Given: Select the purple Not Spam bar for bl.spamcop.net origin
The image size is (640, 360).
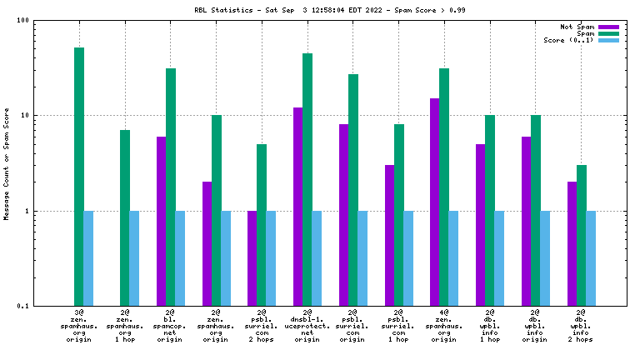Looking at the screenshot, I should (x=161, y=221).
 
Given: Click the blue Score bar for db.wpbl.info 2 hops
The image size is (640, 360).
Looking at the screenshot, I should (x=592, y=258).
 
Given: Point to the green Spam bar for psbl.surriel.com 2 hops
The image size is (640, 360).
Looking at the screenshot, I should (x=262, y=225).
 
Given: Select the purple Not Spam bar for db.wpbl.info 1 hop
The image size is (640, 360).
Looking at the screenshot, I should (x=481, y=225).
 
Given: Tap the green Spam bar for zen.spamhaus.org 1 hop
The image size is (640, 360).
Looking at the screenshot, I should (x=125, y=217).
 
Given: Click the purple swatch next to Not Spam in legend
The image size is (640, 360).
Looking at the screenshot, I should (x=608, y=27).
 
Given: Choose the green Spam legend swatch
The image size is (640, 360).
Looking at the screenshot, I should (x=608, y=34).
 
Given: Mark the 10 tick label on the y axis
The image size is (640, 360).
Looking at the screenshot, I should (x=26, y=116).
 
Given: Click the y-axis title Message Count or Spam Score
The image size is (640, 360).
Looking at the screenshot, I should (x=7, y=163).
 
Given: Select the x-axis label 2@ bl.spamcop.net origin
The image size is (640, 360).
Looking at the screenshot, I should (x=170, y=327).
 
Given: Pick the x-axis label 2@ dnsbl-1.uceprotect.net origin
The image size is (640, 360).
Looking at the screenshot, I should (x=307, y=327).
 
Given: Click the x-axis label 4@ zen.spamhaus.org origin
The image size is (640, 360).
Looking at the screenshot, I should (x=444, y=327).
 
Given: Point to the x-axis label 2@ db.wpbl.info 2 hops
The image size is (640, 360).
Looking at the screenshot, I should (x=582, y=327).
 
